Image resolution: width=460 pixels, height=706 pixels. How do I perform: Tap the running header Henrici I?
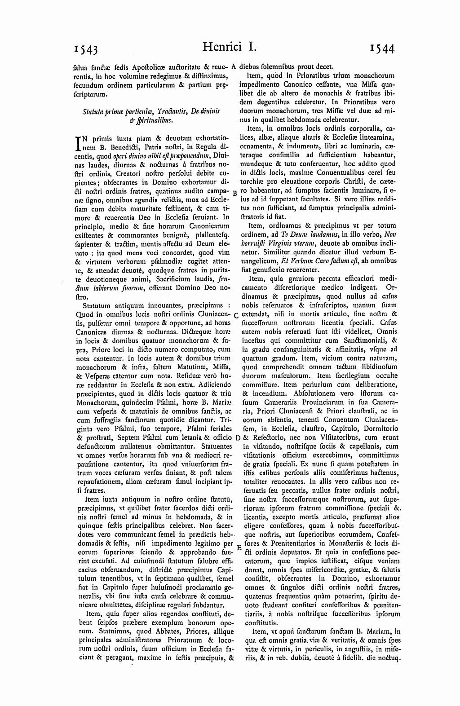point(229,47)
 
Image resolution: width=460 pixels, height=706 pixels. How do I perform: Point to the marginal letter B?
point(235,192)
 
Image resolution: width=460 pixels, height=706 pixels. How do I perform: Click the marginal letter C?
point(236,315)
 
